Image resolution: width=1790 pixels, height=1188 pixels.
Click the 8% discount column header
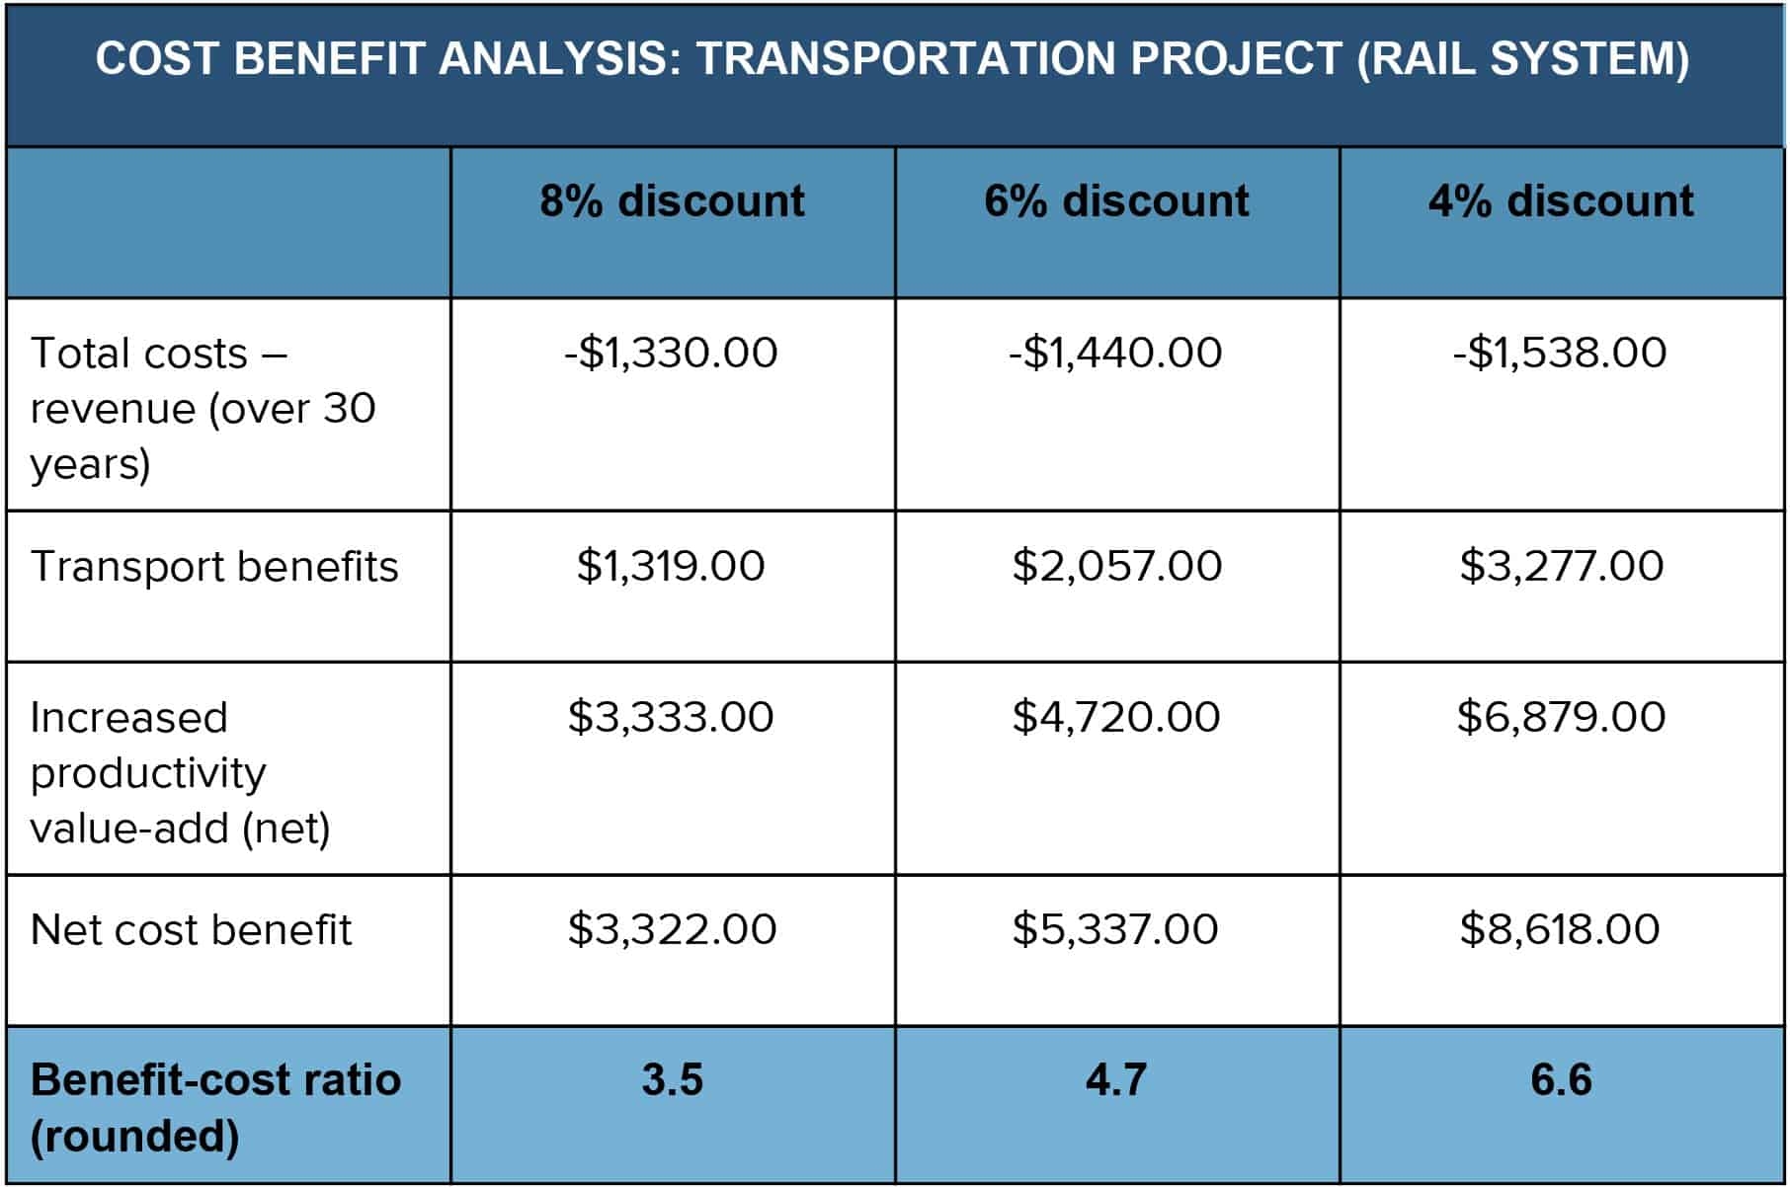tap(672, 201)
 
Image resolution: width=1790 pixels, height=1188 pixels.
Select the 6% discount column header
tap(1116, 201)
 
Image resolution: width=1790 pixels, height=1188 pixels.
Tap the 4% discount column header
tap(1561, 201)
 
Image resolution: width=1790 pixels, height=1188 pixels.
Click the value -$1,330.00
tap(672, 353)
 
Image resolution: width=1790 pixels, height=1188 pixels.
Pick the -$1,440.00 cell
tap(1116, 353)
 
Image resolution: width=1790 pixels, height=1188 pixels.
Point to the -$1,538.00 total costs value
tap(1561, 353)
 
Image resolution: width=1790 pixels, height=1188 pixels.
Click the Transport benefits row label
tap(214, 567)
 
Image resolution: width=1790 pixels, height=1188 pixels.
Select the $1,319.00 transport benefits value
tap(672, 566)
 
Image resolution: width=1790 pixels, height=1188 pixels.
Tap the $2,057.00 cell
tap(1116, 566)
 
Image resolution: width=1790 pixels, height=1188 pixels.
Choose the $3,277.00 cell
tap(1561, 566)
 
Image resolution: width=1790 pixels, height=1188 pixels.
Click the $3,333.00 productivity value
tap(672, 717)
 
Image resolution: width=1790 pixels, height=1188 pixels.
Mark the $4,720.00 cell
tap(1116, 717)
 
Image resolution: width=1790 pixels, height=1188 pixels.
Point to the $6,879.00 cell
tap(1561, 717)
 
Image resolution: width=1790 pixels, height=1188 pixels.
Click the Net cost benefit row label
tap(191, 930)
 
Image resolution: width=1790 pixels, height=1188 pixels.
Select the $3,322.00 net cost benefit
tap(672, 929)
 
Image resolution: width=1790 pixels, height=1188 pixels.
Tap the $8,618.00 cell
tap(1561, 929)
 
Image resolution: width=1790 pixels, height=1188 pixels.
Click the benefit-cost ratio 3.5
tap(672, 1079)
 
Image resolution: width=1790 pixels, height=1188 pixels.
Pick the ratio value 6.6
tap(1561, 1079)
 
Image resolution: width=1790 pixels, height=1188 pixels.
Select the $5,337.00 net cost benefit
tap(1116, 929)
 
